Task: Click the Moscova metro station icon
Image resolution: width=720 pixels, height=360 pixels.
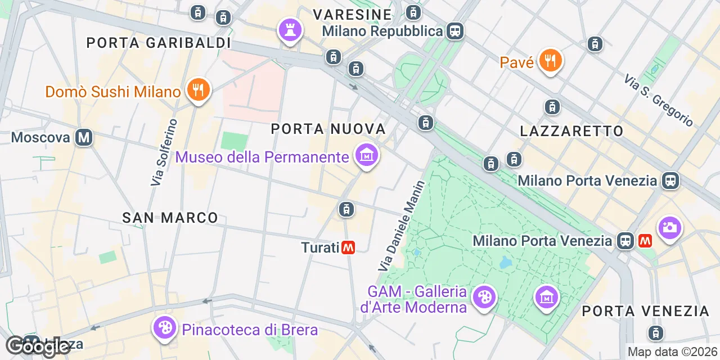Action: (84, 137)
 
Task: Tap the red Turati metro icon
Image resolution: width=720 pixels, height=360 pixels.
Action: (349, 247)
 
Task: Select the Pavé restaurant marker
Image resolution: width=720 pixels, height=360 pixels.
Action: (550, 60)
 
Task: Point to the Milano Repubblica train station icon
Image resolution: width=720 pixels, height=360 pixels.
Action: (454, 31)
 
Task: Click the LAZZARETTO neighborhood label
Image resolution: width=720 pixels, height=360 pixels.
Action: (571, 132)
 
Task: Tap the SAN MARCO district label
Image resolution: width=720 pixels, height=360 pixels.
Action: (170, 218)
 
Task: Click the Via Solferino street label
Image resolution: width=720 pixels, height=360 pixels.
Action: (164, 152)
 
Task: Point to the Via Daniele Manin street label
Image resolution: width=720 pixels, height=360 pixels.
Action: (401, 226)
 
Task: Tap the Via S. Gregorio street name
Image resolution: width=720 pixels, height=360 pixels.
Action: (658, 101)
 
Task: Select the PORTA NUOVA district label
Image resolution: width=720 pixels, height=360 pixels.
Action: (328, 129)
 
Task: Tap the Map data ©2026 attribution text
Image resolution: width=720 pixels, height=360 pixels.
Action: (673, 352)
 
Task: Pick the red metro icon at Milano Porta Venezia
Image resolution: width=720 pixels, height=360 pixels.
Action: (645, 241)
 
